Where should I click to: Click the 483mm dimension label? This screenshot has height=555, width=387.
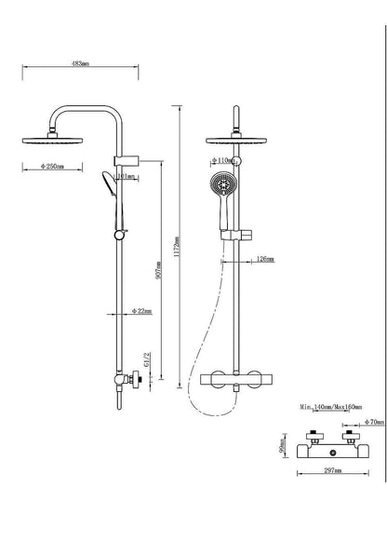click(79, 65)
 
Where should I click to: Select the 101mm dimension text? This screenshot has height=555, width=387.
click(127, 175)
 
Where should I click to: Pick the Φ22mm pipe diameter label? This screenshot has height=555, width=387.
click(142, 310)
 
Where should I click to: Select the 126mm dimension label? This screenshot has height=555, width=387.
click(264, 258)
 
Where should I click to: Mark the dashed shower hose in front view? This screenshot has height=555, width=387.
click(204, 335)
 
